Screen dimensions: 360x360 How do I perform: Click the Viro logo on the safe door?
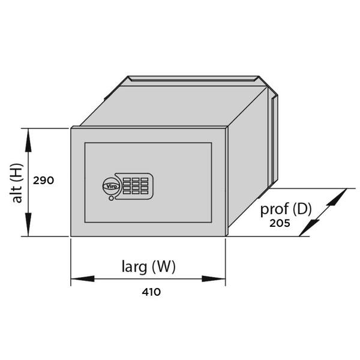[x=112, y=186]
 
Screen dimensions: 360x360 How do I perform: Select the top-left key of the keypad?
[x=128, y=179]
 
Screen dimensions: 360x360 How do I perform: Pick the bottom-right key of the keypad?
[x=145, y=192]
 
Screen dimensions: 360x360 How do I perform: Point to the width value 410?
[x=151, y=292]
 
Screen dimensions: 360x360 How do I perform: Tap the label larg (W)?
[x=148, y=266]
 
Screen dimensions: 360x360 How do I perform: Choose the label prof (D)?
[x=286, y=209]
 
